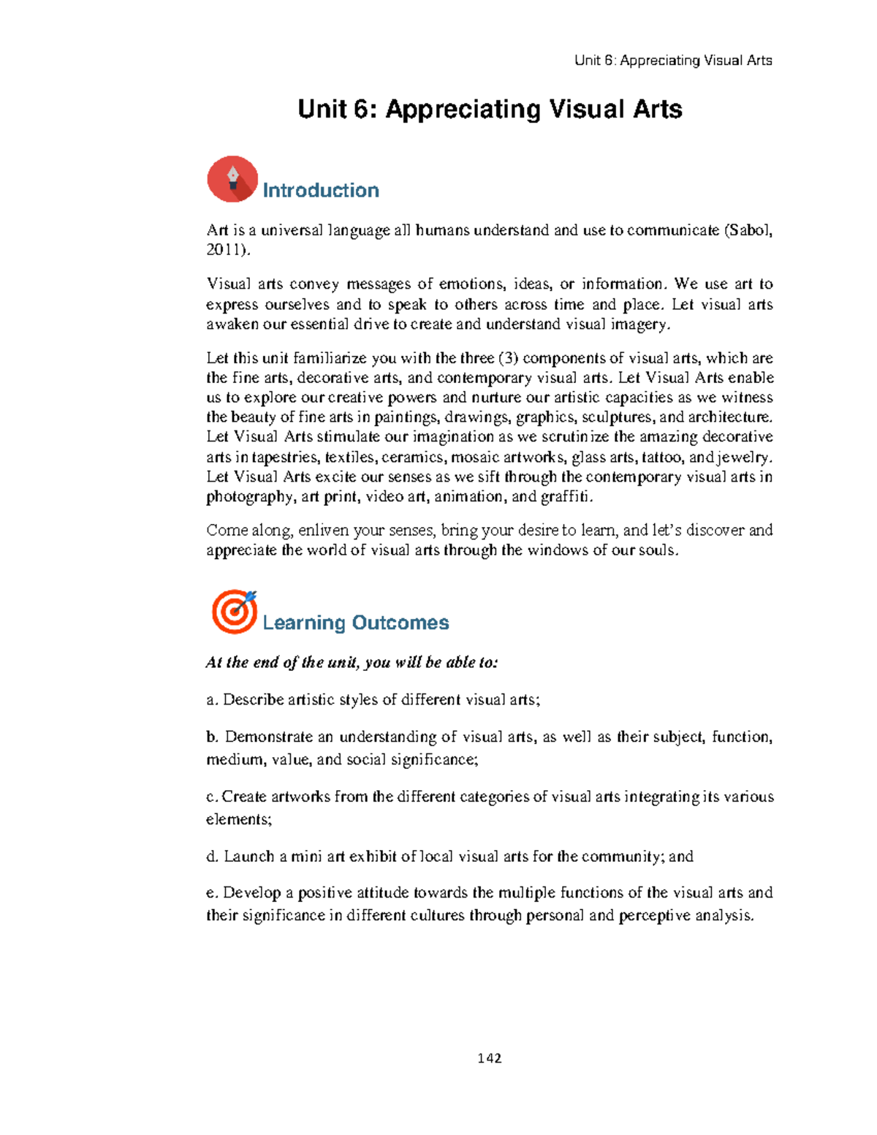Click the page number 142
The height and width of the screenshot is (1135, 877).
489,1058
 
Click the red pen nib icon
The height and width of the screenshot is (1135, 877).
232,179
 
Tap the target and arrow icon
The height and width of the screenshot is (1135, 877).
234,611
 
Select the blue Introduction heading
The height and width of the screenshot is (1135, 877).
320,191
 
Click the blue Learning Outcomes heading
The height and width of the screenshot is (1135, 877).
355,623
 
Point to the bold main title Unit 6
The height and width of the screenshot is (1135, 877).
490,110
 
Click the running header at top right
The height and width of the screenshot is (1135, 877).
672,61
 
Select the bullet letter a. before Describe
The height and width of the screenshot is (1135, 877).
212,700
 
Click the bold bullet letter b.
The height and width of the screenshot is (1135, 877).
212,737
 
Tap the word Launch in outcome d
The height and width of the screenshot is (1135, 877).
248,857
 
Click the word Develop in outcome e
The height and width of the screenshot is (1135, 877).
248,893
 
